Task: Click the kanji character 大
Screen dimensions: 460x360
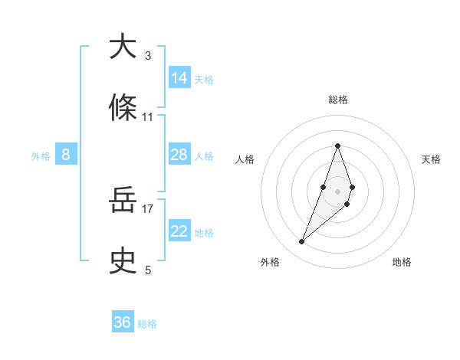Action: tap(123, 47)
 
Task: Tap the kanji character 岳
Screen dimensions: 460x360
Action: tap(123, 201)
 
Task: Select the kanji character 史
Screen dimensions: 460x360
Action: tap(123, 261)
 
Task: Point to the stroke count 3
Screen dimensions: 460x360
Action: tap(148, 55)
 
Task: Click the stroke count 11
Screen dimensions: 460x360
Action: tap(148, 116)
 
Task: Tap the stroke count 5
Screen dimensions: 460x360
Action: tap(148, 270)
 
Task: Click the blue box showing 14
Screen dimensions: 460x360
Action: tap(179, 77)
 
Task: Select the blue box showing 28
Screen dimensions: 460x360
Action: tap(179, 155)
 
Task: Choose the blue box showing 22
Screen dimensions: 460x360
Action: tap(179, 231)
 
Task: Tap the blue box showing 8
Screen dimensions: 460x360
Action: tap(66, 155)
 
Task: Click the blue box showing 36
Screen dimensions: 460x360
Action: tap(123, 322)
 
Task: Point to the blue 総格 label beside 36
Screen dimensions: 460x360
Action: tap(147, 324)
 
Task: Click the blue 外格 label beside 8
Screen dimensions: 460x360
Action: tap(41, 156)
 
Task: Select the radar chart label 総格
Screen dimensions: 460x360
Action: tap(338, 100)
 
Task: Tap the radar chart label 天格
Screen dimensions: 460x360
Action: tap(432, 159)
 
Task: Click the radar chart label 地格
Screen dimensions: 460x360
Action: tap(402, 263)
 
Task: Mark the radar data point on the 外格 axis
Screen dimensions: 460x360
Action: tap(302, 242)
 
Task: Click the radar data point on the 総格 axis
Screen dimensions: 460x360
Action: tap(338, 146)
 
